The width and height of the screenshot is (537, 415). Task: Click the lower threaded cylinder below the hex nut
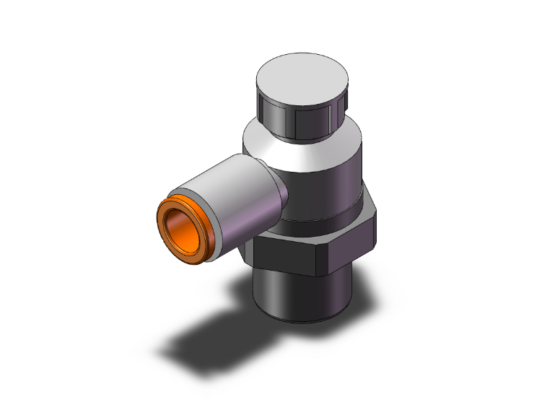pyautogui.click(x=303, y=296)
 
